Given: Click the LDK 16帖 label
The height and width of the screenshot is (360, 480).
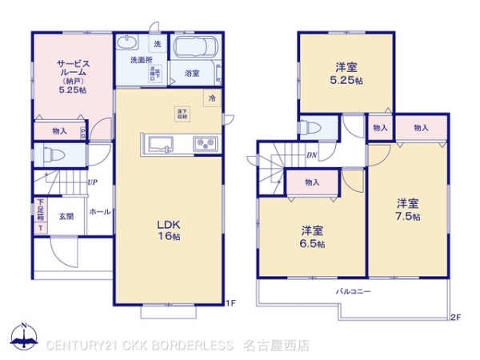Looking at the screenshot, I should tap(168, 230).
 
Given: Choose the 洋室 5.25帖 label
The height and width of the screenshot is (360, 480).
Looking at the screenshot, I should tap(346, 74).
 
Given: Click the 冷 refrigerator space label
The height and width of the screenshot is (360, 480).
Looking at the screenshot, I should tap(212, 98).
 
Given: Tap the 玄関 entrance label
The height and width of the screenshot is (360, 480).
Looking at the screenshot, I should tap(65, 216).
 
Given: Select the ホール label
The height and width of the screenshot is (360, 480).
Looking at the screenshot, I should tap(100, 212).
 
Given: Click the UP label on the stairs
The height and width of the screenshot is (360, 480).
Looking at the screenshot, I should tap(94, 182).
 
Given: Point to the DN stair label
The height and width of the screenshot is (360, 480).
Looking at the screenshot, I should tap(311, 155).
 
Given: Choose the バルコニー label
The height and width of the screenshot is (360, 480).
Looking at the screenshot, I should tap(353, 292).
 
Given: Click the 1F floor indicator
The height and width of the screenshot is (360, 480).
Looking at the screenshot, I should tap(230, 302).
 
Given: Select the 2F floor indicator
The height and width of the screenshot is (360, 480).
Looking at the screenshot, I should tap(455, 317).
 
